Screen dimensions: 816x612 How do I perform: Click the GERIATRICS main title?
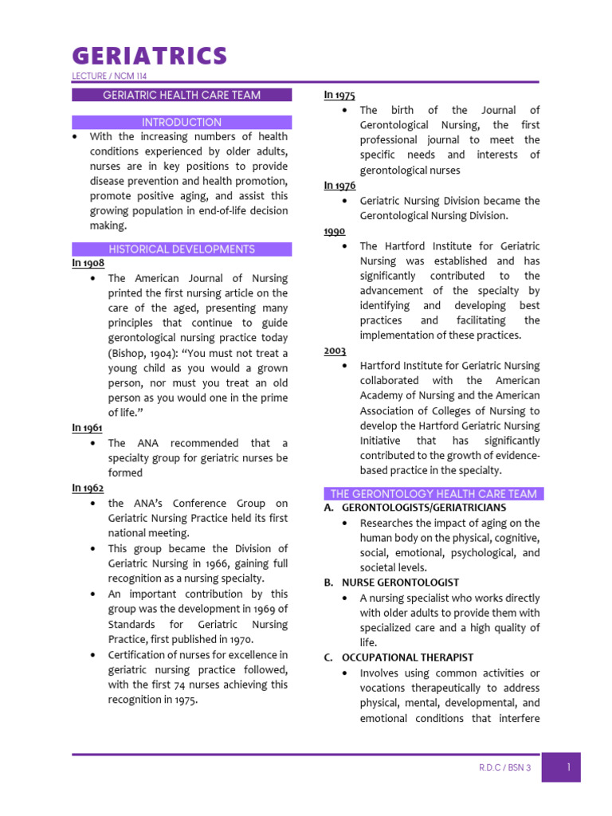tap(150, 56)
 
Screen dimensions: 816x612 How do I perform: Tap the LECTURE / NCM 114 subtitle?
tap(109, 76)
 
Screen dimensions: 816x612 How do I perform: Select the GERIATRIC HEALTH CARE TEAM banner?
tap(182, 95)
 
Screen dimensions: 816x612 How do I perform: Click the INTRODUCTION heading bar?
tap(182, 122)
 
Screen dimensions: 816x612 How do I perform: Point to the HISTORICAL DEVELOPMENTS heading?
tap(182, 249)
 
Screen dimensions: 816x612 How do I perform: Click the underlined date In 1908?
tap(88, 263)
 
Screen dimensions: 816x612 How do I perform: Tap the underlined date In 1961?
tap(88, 428)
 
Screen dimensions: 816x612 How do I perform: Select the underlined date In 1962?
tap(88, 488)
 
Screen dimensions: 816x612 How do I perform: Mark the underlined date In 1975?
tap(339, 95)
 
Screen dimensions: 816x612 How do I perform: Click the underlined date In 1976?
tap(339, 185)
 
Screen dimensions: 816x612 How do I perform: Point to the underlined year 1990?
tap(334, 230)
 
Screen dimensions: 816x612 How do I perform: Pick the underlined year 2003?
tap(335, 350)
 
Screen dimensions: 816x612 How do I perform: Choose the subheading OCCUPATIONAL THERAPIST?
tap(407, 657)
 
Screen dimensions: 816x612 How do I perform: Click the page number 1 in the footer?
tap(568, 767)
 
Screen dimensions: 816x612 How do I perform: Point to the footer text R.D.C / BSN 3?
tap(504, 768)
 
